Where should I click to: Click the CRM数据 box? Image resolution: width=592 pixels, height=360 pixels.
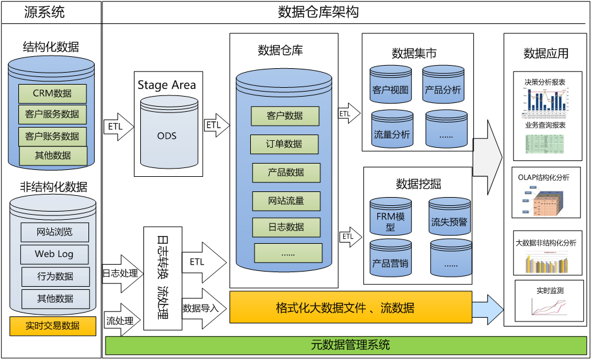click(x=52, y=93)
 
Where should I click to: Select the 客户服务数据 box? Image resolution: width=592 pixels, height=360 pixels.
click(x=52, y=114)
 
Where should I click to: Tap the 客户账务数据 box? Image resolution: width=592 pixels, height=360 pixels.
click(x=52, y=136)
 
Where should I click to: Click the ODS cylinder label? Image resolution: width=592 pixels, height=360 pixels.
click(x=167, y=136)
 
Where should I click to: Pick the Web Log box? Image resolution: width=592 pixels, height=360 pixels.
click(x=54, y=254)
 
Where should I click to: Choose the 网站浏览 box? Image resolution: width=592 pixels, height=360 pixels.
click(x=54, y=232)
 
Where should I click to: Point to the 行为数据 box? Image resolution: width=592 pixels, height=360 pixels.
click(x=55, y=276)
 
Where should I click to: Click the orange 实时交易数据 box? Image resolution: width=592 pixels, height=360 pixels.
click(x=53, y=326)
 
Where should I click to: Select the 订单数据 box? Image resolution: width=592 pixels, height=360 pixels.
click(x=284, y=144)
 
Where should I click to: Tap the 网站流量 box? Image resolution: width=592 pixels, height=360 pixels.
click(x=286, y=201)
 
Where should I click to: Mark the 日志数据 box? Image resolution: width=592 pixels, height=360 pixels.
click(x=286, y=227)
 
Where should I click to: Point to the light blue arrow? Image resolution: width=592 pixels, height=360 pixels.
click(x=488, y=309)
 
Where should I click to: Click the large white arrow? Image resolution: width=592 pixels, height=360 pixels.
click(x=487, y=158)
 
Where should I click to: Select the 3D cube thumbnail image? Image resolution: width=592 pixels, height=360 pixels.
click(x=543, y=201)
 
